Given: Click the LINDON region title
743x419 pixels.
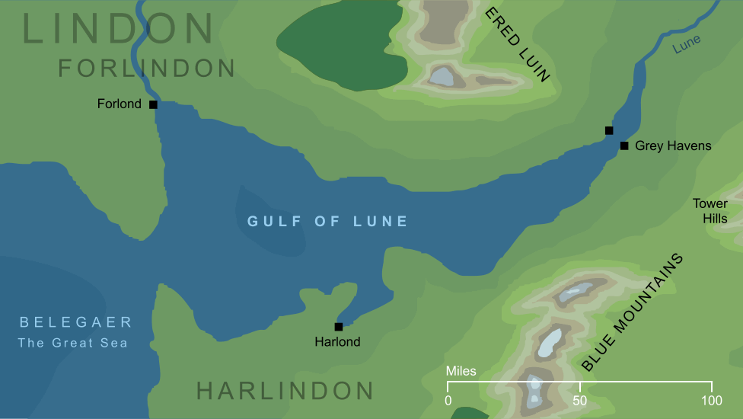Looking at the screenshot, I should click(x=118, y=29).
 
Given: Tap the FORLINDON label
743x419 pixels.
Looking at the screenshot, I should click(x=147, y=69).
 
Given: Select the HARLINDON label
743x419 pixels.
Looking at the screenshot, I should click(x=285, y=391).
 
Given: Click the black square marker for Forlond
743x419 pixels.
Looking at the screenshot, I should click(x=153, y=104).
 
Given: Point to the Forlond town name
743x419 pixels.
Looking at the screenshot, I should click(x=120, y=104).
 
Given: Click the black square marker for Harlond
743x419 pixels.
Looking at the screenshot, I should click(x=339, y=327).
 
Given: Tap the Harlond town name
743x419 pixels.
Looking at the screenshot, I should click(x=337, y=342).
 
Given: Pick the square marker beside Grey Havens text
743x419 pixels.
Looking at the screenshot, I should click(x=624, y=146).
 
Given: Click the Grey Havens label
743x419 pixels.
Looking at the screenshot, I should click(x=673, y=146).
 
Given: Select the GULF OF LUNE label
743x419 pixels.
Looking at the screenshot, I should click(x=328, y=222).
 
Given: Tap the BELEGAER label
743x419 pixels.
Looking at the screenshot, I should click(x=76, y=322).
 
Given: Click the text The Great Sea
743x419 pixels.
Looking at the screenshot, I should click(x=73, y=343).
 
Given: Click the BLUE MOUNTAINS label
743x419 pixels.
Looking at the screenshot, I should click(x=632, y=313).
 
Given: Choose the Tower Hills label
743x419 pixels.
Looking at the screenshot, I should click(x=710, y=211).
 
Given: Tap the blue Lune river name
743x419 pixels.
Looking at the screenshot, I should click(x=687, y=45).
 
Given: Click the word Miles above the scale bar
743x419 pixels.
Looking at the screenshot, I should click(x=461, y=372).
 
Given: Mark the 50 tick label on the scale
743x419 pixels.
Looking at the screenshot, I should click(x=579, y=401).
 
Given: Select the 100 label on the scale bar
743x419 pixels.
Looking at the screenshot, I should click(x=711, y=401).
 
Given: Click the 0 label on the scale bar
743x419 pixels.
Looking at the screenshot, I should click(x=448, y=401).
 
